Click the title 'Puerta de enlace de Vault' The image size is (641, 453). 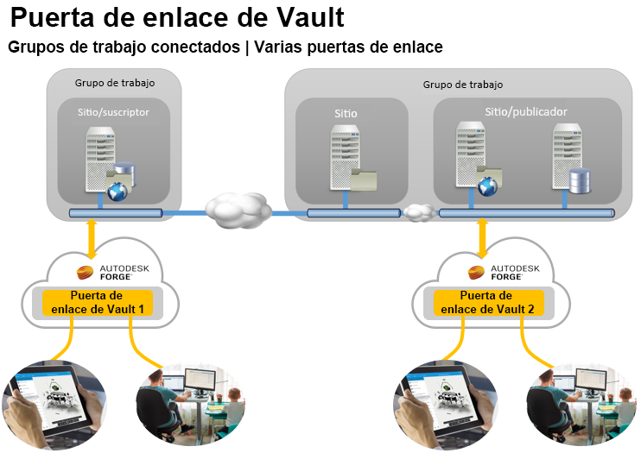177,17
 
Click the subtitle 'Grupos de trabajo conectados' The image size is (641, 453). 124,47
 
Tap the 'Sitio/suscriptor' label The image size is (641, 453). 113,111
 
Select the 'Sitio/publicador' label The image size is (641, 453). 526,111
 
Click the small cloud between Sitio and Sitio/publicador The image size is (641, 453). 419,211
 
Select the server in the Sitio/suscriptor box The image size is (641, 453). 100,160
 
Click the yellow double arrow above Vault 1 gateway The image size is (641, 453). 92,238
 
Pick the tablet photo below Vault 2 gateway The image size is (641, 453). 444,402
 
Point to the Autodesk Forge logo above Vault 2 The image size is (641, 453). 505,273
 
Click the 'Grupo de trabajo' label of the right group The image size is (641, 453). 463,85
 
